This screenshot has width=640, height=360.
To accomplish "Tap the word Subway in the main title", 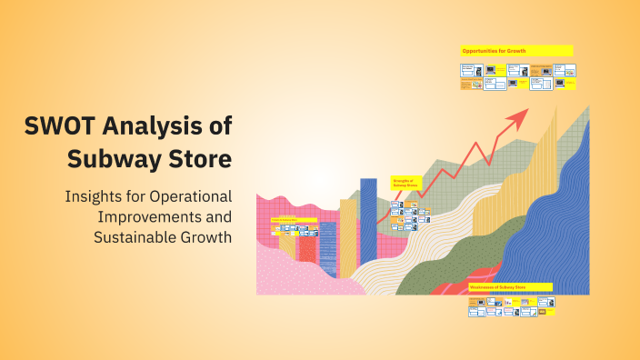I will click(x=110, y=159).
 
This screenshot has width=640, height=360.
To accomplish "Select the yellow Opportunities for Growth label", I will click(x=516, y=51).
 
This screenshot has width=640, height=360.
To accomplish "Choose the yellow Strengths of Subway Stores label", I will click(x=403, y=183).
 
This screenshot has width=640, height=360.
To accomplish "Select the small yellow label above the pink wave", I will click(x=294, y=220).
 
